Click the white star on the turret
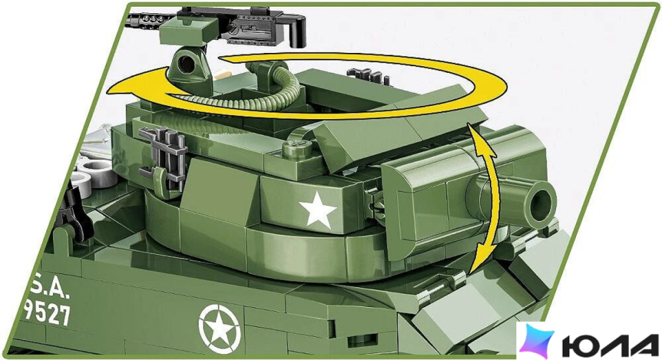(x=318, y=210)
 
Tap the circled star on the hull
(x=220, y=328)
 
